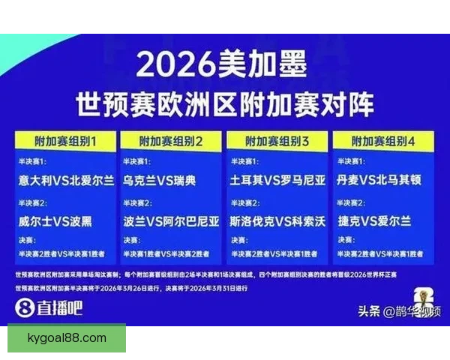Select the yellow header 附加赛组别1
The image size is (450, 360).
pos(67,141)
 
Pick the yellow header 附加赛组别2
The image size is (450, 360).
pos(172,141)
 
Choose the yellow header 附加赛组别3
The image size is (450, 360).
pos(278,141)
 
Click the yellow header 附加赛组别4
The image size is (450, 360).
pos(384,141)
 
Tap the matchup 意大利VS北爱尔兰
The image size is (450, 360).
pos(67,181)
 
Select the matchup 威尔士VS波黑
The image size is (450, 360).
pos(57,221)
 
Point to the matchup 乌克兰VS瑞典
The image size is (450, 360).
pos(160,181)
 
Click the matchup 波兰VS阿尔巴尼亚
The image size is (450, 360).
pos(172,221)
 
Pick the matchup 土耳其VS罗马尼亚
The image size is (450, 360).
pos(278,181)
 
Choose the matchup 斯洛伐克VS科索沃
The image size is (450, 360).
pos(278,221)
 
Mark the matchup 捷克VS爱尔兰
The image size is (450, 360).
pos(374,221)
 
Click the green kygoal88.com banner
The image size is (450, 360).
pos(67,338)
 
